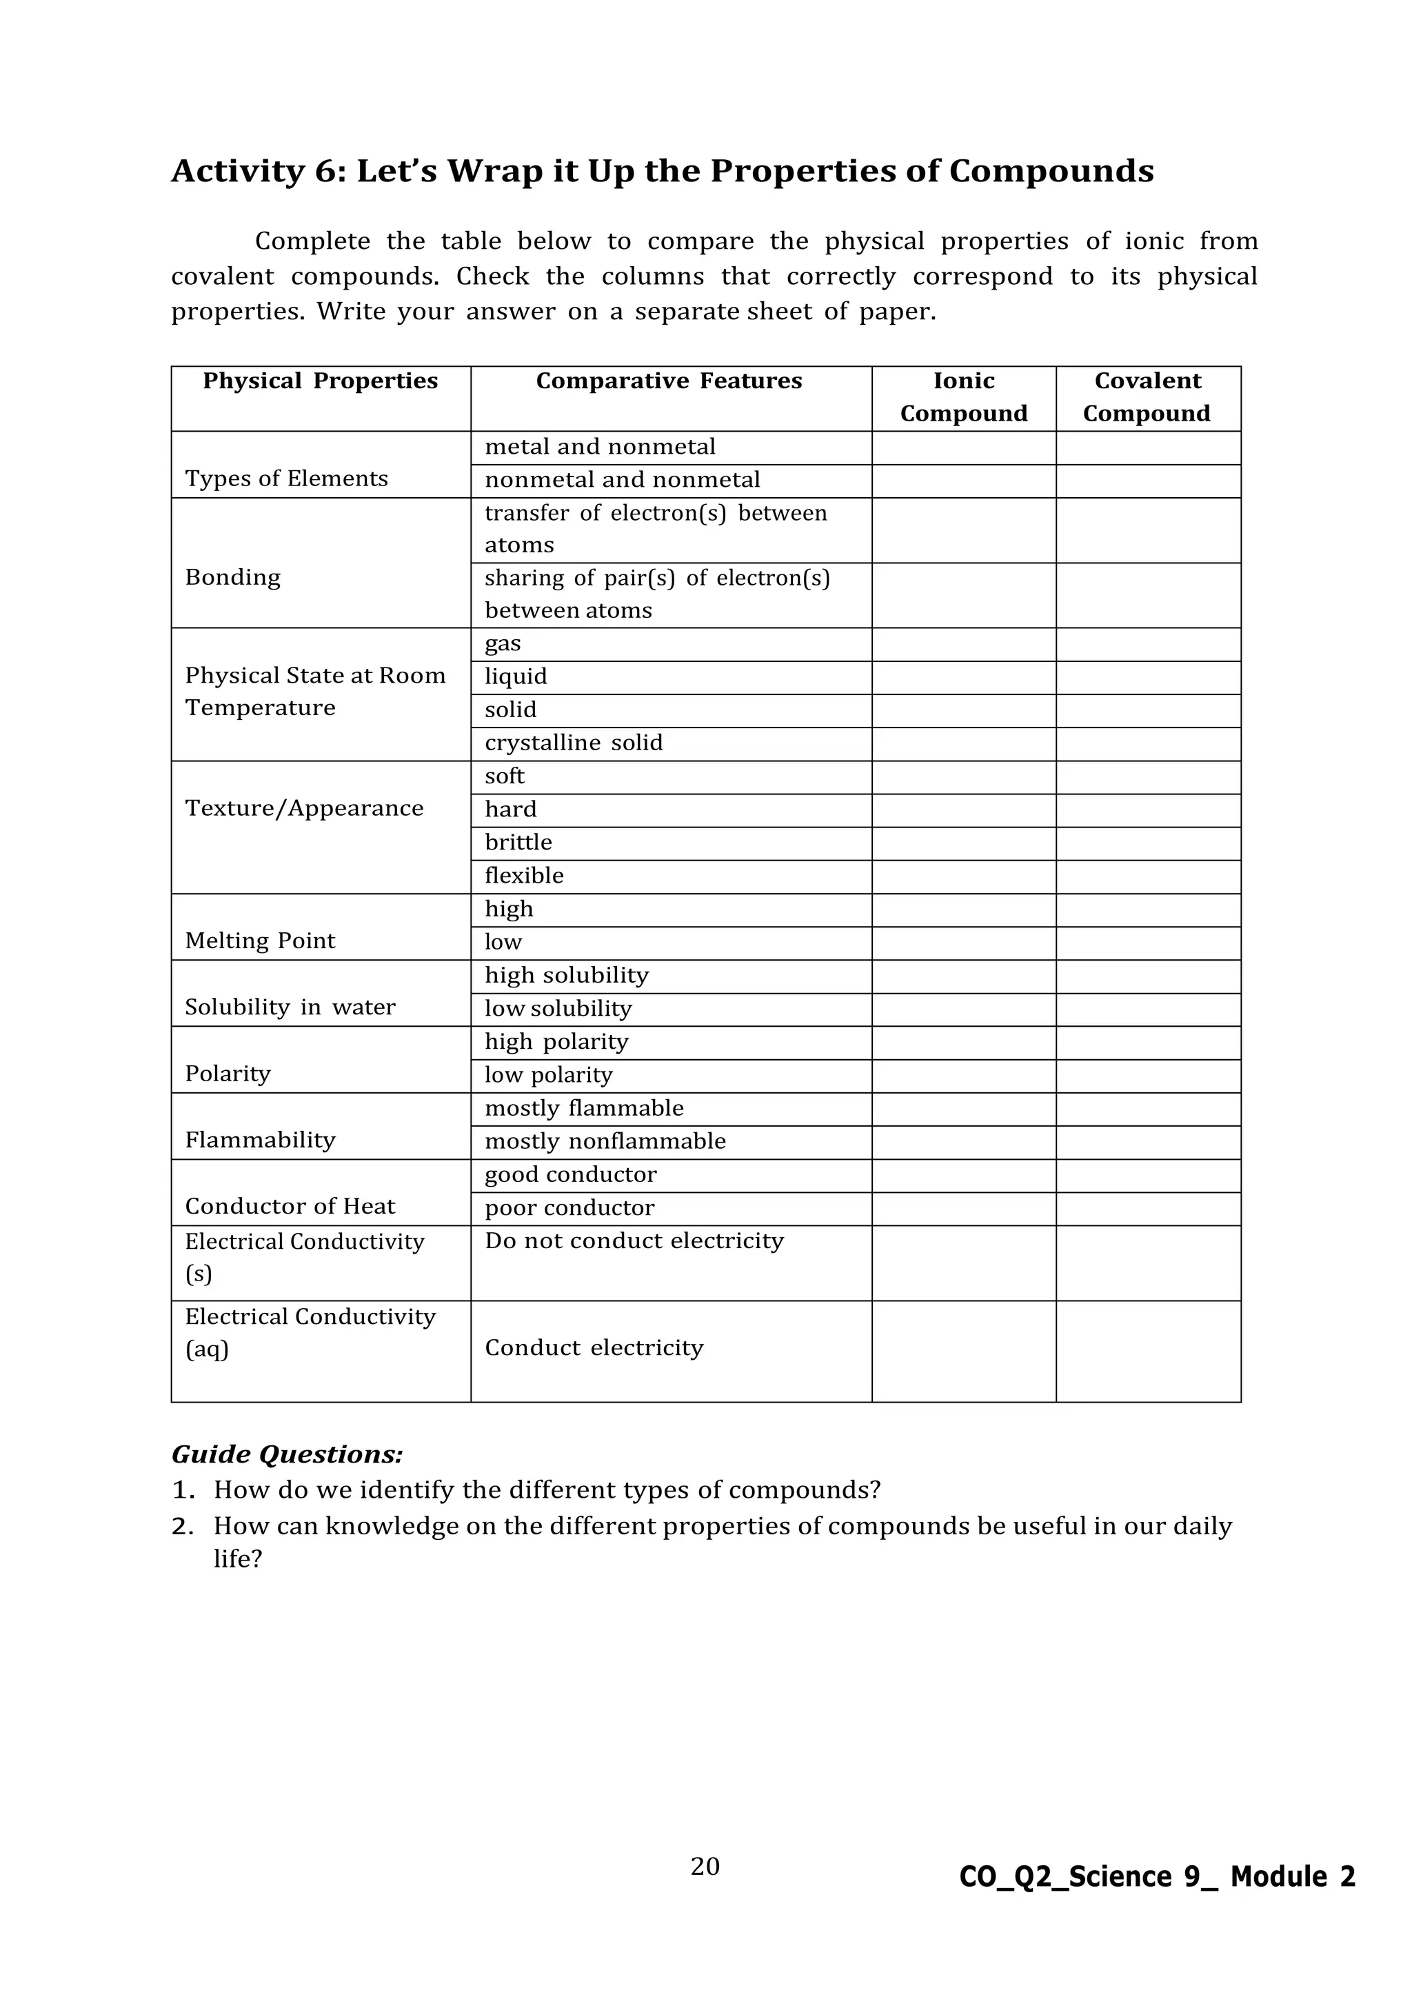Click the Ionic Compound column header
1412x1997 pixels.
click(963, 397)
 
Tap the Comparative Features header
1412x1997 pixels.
click(669, 381)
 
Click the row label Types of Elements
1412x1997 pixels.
click(286, 479)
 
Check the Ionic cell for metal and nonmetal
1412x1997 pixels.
click(963, 448)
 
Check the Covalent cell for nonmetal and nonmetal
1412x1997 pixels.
click(1148, 481)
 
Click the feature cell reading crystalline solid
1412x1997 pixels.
click(574, 743)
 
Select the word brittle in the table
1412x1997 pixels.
click(518, 842)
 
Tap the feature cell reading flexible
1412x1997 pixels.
click(524, 875)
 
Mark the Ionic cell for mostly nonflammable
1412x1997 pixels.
click(963, 1142)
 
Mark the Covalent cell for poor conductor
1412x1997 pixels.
click(1148, 1209)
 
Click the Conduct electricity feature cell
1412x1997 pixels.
click(594, 1347)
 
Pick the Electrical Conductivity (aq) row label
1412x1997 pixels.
click(310, 1332)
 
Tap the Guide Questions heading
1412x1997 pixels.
click(287, 1454)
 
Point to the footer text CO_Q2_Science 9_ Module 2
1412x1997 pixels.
click(1156, 1877)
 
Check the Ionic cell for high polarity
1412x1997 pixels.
click(963, 1043)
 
